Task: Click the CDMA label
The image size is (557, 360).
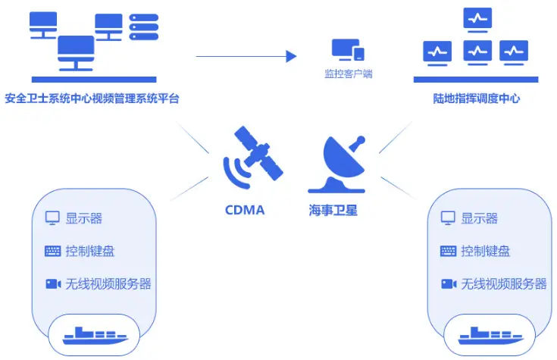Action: pos(245,210)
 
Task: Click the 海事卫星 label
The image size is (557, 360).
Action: pos(333,210)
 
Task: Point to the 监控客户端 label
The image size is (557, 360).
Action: pos(349,74)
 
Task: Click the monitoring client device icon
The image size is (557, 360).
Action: pos(348,50)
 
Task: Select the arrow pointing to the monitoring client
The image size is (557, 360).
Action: pos(246,55)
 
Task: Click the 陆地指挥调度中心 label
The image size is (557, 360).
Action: pos(476,99)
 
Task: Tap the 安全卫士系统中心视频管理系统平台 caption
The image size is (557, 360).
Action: pos(92,99)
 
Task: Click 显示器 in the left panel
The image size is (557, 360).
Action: pos(83,218)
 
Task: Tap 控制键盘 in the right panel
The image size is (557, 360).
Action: pos(485,251)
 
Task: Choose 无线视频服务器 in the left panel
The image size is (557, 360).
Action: pos(108,283)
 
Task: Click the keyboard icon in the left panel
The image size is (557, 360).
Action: pos(52,251)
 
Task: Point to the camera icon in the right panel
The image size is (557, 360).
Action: pos(448,283)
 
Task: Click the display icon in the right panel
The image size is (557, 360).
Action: pos(448,218)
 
